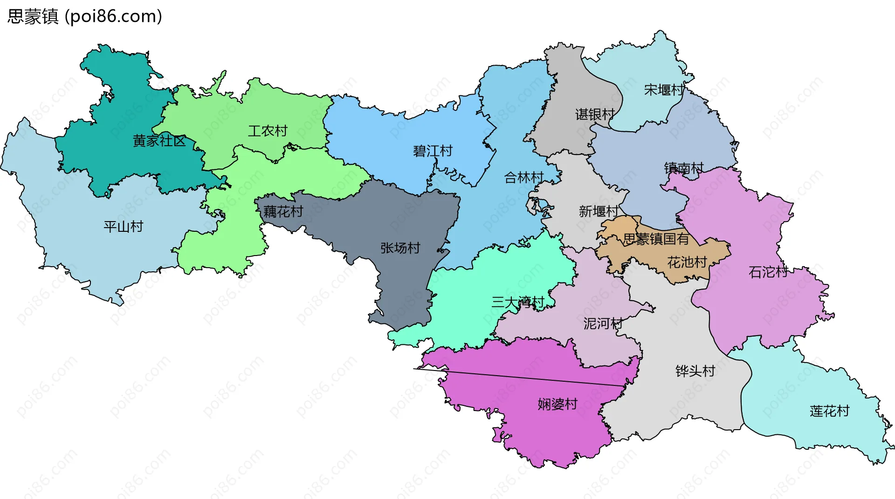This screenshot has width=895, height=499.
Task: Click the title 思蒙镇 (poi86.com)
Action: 85,16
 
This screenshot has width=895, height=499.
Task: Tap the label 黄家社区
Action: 159,141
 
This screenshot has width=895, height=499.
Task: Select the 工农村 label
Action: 268,131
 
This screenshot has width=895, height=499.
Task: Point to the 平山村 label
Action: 124,227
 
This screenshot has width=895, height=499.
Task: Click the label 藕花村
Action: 283,212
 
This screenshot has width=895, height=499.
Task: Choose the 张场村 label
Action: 400,248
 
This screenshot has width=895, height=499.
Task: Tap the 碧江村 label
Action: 433,151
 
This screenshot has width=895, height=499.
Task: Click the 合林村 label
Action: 524,177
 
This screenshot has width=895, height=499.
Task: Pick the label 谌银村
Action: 595,114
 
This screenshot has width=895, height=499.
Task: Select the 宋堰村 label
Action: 664,90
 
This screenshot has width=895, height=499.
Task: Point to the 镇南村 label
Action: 684,168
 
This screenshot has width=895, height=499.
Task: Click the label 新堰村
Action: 599,211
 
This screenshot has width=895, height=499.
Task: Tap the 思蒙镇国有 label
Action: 656,239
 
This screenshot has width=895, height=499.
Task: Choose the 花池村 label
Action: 687,262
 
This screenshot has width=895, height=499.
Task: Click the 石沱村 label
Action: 768,272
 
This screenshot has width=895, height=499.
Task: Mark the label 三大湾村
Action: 518,302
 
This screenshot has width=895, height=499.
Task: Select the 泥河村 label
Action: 603,323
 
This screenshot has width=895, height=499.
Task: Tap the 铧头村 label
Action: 695,371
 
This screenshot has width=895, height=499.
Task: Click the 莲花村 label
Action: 829,411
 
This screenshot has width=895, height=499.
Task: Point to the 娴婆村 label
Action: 558,404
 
